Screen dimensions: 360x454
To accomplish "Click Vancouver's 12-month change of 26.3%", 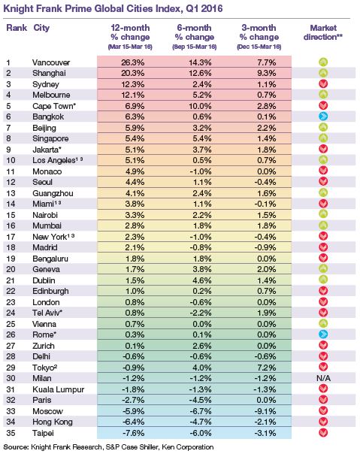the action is coord(132,62).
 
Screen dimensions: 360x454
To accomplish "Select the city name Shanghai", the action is coord(50,73).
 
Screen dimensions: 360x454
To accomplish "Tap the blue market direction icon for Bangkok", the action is coord(323,117).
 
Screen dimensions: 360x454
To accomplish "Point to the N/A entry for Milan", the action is coord(323,378).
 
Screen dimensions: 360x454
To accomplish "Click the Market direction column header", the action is coord(323,32).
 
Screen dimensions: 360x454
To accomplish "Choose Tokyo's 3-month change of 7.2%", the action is coord(267,368).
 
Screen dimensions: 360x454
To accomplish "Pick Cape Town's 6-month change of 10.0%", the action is coord(200,106).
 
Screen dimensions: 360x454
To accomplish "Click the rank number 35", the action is coord(11,433).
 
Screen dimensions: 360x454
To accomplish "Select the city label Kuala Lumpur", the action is coord(58,389).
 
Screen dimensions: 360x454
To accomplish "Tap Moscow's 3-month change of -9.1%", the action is coord(265,411).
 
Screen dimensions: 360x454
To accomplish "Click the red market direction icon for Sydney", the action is coord(323,84).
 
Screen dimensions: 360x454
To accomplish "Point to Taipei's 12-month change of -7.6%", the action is coord(133,433).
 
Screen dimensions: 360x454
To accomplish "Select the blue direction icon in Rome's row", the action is coord(323,334).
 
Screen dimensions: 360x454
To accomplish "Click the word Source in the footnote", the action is coord(16,447).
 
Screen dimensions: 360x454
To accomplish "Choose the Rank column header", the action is coord(17,28).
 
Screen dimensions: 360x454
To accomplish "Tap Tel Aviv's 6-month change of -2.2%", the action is coord(200,313).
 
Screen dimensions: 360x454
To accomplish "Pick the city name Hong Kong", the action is coord(53,422).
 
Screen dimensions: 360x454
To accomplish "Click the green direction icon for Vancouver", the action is coord(323,62).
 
